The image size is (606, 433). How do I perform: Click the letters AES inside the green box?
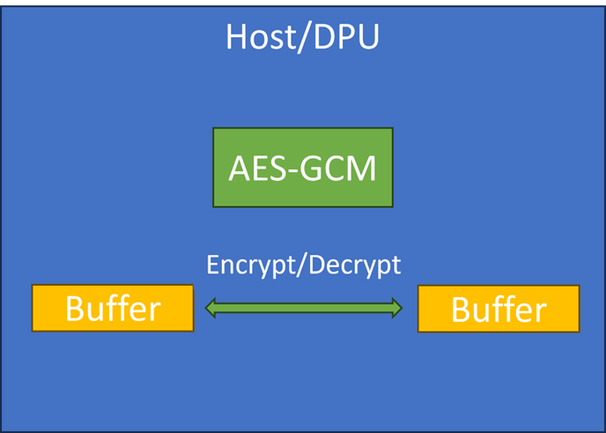pyautogui.click(x=256, y=168)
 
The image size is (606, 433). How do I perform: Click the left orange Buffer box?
pyautogui.click(x=112, y=308)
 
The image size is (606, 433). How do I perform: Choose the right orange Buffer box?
pyautogui.click(x=499, y=309)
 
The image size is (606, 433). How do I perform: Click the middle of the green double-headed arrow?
pyautogui.click(x=303, y=308)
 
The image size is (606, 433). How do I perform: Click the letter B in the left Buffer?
pyautogui.click(x=75, y=309)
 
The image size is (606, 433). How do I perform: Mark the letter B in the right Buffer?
pyautogui.click(x=461, y=310)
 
